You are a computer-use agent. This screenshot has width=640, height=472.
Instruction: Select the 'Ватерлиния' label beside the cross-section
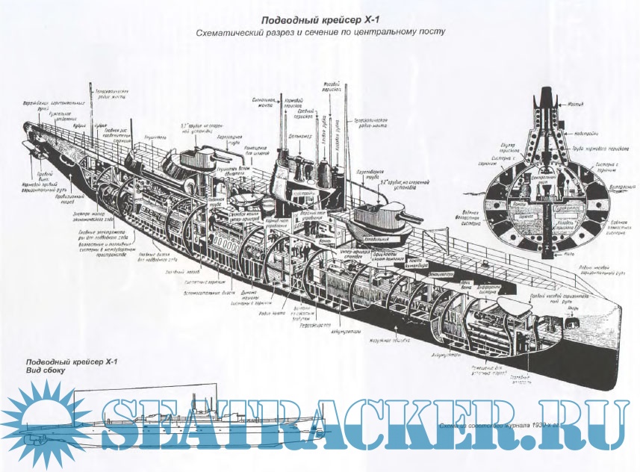click(x=603, y=187)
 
